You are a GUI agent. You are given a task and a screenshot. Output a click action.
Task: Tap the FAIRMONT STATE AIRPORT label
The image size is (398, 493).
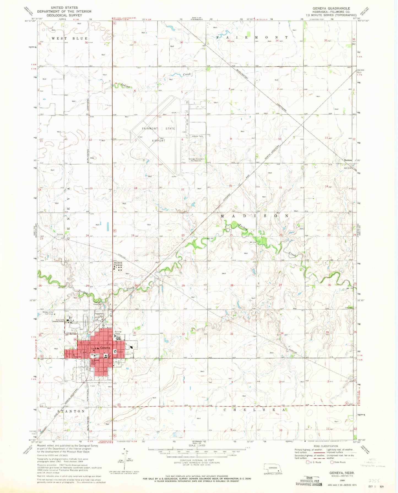158,135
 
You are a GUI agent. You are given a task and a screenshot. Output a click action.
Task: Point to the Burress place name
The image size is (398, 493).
348,160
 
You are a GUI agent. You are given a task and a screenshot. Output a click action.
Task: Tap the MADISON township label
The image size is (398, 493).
255,216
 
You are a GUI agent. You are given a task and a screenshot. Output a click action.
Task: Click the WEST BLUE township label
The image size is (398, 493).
69,39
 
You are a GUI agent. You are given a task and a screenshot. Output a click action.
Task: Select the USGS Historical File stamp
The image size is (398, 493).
308,481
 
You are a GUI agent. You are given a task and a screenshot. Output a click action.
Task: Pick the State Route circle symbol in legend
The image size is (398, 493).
332,462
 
